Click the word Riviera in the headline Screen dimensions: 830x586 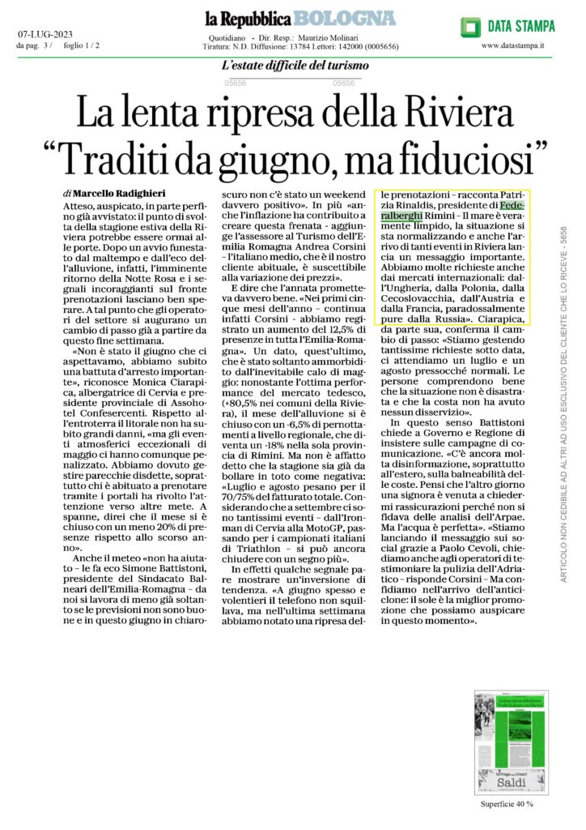coord(450,109)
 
